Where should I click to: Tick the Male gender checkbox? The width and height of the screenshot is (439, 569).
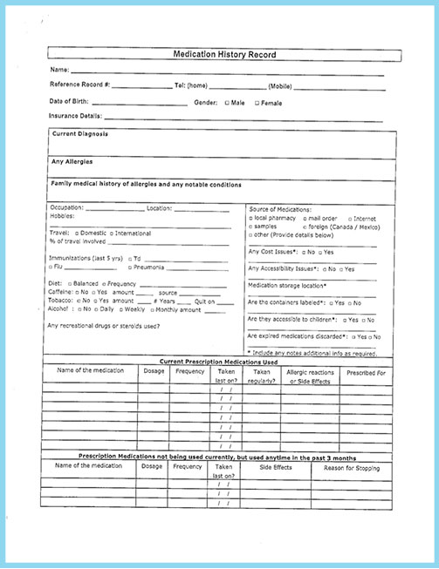pyautogui.click(x=228, y=102)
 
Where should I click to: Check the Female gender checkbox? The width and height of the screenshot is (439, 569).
pyautogui.click(x=257, y=102)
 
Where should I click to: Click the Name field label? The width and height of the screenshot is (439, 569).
pyautogui.click(x=59, y=70)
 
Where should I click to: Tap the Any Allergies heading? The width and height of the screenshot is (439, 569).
pyautogui.click(x=72, y=161)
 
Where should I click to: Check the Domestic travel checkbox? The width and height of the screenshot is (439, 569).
pyautogui.click(x=77, y=234)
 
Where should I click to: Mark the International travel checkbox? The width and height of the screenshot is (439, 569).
pyautogui.click(x=113, y=234)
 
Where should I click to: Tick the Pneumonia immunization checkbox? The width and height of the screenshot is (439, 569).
pyautogui.click(x=130, y=267)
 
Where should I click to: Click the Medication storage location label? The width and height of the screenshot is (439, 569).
pyautogui.click(x=288, y=285)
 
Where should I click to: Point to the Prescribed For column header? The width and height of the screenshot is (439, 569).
pyautogui.click(x=367, y=372)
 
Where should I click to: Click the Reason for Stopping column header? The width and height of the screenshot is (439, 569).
pyautogui.click(x=353, y=467)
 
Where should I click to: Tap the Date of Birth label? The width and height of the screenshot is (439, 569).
pyautogui.click(x=71, y=102)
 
